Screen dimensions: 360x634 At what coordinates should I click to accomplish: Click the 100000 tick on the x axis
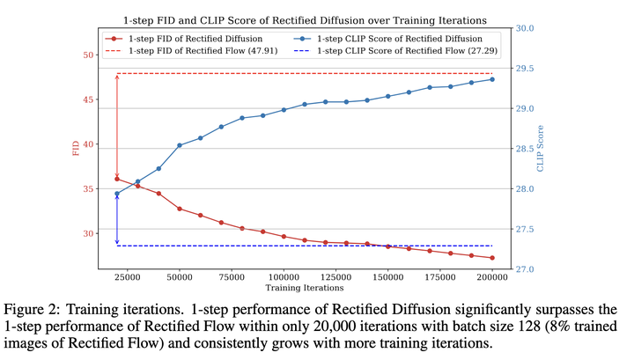284,279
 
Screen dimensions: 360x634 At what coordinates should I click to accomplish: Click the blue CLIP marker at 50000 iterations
180,145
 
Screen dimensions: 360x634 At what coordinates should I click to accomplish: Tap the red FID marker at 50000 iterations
180,209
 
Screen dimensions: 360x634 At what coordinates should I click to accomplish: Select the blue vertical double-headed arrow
117,220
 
